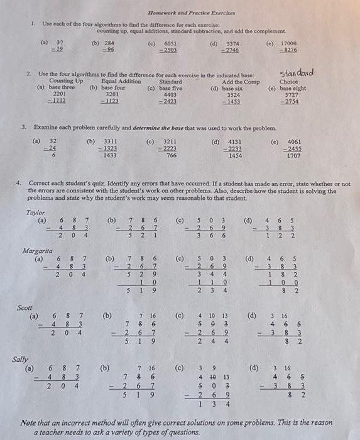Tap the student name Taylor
[x=36, y=212]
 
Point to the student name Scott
[x=25, y=308]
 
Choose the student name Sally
[x=21, y=359]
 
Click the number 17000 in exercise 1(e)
[x=288, y=43]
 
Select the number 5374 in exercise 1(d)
[x=232, y=43]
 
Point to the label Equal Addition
[x=121, y=81]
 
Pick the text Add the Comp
[x=241, y=81]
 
